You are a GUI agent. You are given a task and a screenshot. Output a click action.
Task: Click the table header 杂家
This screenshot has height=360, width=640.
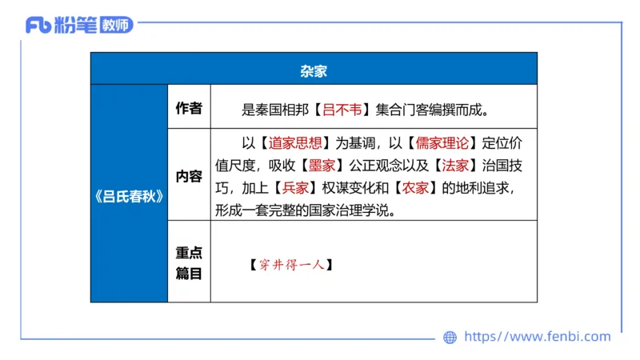click(x=314, y=70)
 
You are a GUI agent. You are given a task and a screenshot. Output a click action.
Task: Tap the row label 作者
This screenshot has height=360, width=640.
click(x=189, y=108)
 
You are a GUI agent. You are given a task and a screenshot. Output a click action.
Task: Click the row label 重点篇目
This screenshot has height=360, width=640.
click(x=189, y=262)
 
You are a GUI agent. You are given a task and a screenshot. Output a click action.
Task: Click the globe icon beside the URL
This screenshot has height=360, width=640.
click(x=450, y=338)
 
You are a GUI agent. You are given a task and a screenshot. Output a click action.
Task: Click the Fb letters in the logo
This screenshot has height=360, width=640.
click(x=38, y=25)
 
